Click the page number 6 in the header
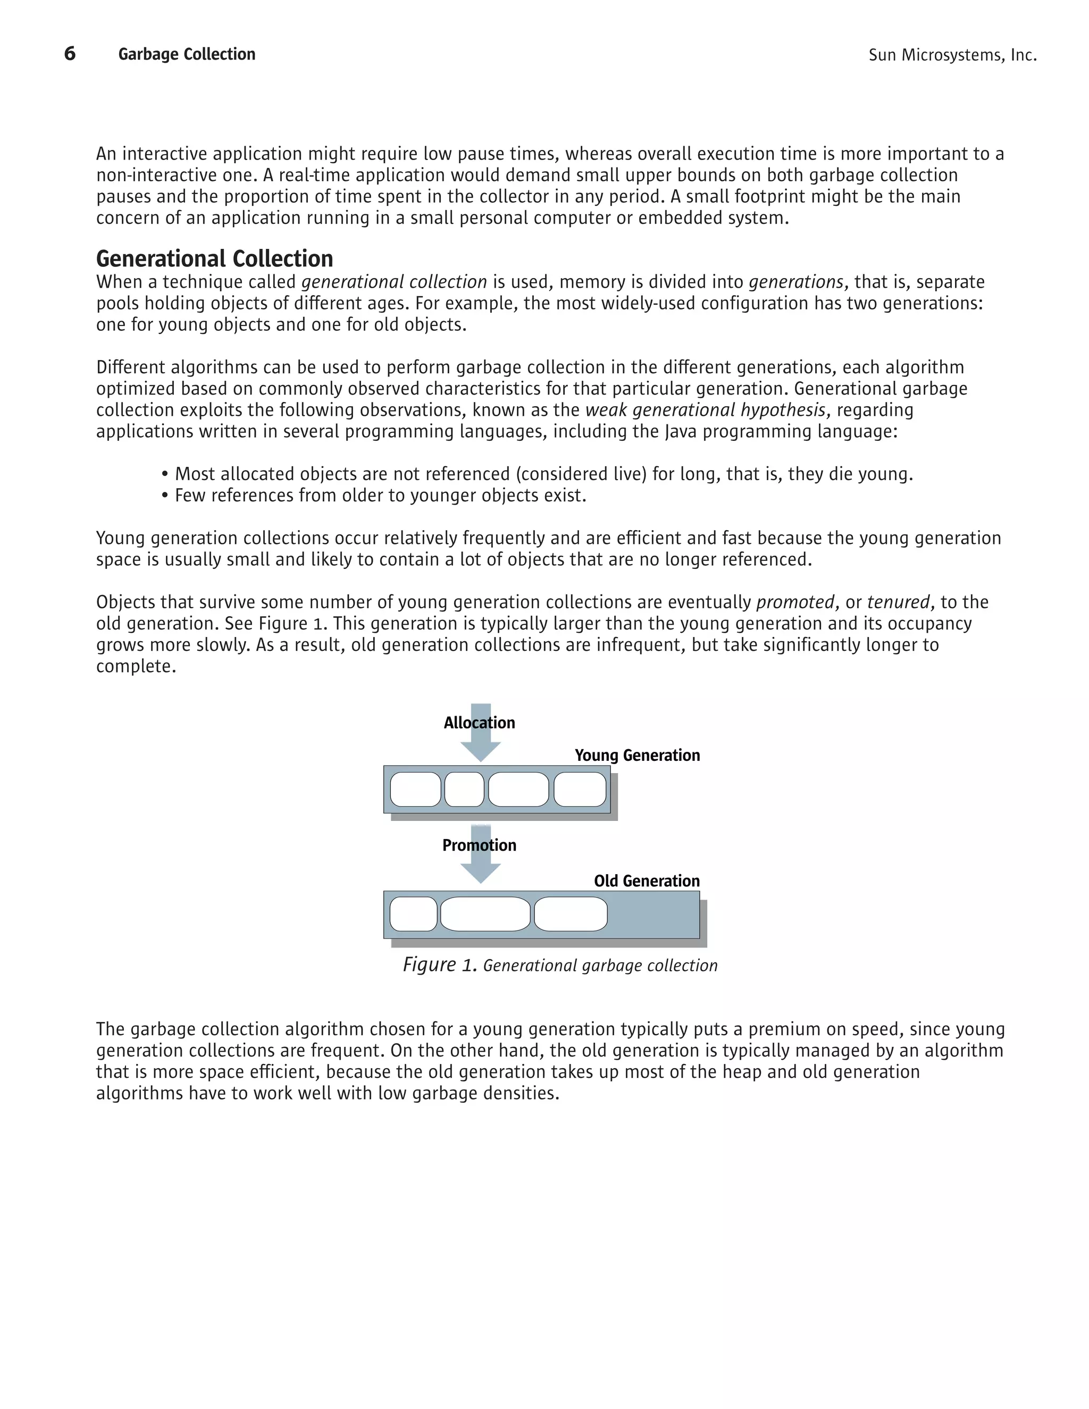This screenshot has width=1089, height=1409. [x=70, y=54]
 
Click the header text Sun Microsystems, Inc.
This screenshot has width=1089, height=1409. [x=952, y=55]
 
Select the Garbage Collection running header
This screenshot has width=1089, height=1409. [x=187, y=54]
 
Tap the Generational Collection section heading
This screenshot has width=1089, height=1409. [x=214, y=259]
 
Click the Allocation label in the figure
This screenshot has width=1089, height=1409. [x=479, y=723]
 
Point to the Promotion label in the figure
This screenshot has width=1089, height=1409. [x=479, y=845]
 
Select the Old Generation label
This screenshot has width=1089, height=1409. [x=647, y=881]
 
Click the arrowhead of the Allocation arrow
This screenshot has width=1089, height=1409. [x=481, y=751]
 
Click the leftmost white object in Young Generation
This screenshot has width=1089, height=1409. [x=415, y=789]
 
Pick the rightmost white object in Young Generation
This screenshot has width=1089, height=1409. [x=580, y=789]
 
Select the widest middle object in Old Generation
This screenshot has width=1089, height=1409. [x=485, y=913]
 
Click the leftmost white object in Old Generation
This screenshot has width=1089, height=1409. [x=414, y=913]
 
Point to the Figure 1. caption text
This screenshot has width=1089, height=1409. [x=560, y=965]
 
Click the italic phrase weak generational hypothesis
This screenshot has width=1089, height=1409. [x=705, y=410]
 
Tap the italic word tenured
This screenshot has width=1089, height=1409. [x=899, y=602]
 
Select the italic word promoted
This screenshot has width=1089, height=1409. [x=795, y=602]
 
